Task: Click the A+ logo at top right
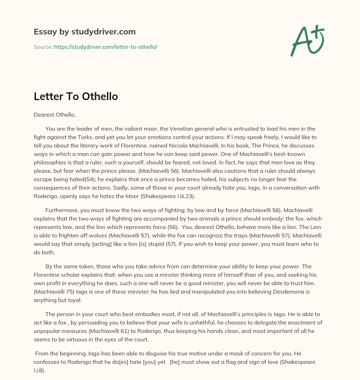point(307,40)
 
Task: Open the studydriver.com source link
point(105,47)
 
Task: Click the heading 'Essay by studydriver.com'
point(84,32)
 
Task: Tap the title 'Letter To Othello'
point(76,96)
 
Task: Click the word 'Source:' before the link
point(43,47)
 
